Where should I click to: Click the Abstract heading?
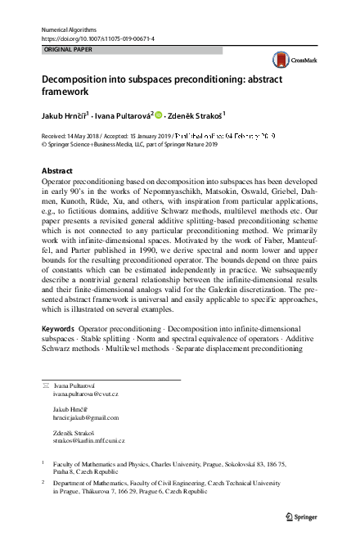pos(56,170)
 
